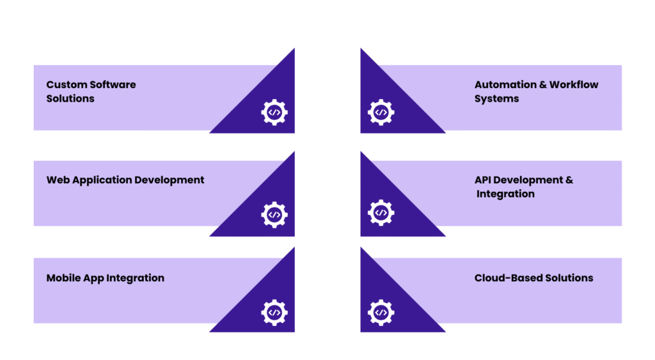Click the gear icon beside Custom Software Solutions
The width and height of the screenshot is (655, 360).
point(274,113)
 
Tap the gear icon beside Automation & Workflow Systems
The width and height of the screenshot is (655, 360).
point(381,113)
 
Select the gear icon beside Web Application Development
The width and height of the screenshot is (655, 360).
point(274,214)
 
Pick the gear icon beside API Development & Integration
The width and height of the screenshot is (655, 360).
point(381,213)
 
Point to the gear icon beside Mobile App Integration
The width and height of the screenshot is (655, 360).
point(274,312)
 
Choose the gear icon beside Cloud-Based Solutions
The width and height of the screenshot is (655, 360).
point(381,312)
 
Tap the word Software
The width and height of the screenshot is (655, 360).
point(113,84)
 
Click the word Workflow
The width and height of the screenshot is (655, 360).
point(574,84)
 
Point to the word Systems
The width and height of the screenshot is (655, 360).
point(496,98)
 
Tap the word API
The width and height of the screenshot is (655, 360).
point(482,180)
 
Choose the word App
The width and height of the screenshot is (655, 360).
point(93,278)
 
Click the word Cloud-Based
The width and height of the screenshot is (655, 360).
point(505,278)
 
